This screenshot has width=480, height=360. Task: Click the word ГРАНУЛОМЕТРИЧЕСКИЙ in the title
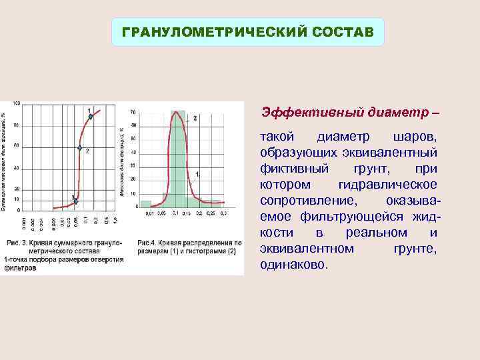pyautogui.click(x=207, y=32)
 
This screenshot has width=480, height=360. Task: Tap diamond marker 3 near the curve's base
pyautogui.click(x=76, y=201)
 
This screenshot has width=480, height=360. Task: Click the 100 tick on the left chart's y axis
pyautogui.click(x=16, y=103)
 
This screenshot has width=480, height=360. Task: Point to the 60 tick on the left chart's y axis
pyautogui.click(x=17, y=146)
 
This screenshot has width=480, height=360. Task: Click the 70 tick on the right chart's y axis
pyautogui.click(x=133, y=111)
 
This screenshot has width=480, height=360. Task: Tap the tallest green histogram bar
pyautogui.click(x=177, y=160)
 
